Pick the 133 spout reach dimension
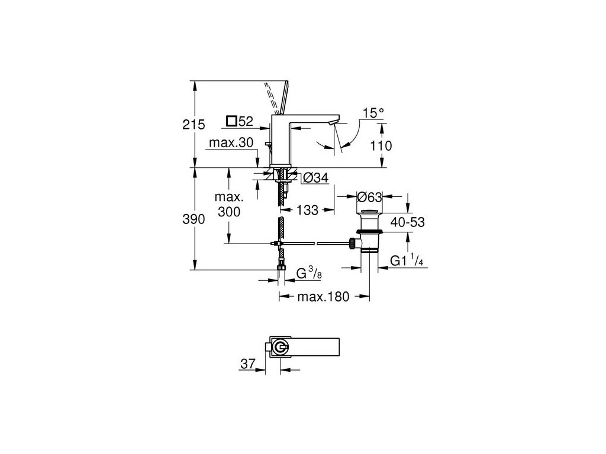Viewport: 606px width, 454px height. pos(308,209)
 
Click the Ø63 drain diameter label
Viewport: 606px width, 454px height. pos(369,196)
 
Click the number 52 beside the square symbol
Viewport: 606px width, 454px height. pos(246,122)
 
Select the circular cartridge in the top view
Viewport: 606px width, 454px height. pos(282,346)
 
